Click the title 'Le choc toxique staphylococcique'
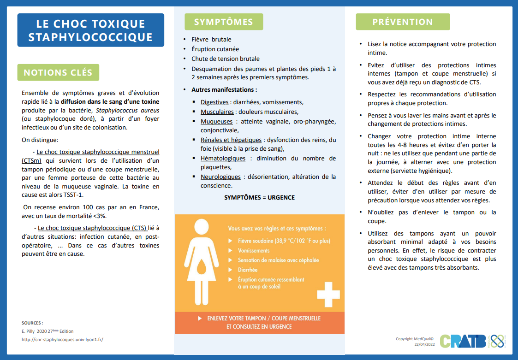tap(90, 30)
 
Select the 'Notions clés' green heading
tap(58, 72)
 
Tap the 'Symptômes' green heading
tap(223, 22)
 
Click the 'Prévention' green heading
tap(403, 22)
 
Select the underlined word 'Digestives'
tap(214, 102)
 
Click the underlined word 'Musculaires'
tap(217, 112)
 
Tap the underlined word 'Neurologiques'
tap(220, 177)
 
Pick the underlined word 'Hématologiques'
tap(223, 158)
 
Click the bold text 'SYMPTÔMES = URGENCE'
tap(259, 197)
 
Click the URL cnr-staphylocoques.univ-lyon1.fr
tap(62, 340)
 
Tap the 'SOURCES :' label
tap(32, 323)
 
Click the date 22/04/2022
tap(425, 344)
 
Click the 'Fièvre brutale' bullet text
tap(211, 39)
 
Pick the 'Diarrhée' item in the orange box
tap(248, 270)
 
